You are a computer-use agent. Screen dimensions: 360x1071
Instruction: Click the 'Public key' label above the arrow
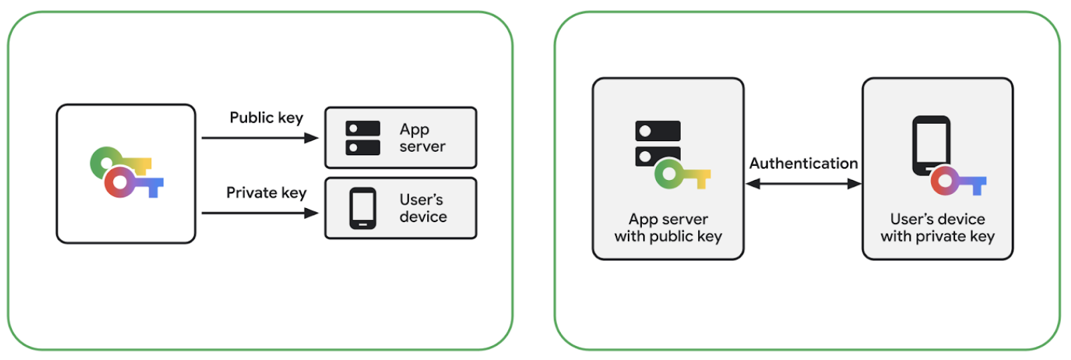[x=266, y=118]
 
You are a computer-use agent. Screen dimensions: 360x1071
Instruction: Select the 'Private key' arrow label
[x=266, y=193]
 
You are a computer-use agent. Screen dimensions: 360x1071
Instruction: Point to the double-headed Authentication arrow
[x=803, y=183]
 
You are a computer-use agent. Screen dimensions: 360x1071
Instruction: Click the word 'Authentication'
[x=803, y=163]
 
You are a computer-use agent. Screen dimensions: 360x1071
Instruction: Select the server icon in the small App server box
[x=363, y=138]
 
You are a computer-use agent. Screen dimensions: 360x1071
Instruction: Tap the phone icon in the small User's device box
[x=363, y=208]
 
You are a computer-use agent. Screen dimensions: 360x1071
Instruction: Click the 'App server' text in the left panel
[x=422, y=138]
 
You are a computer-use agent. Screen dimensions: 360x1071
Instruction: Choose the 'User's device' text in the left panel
[x=422, y=208]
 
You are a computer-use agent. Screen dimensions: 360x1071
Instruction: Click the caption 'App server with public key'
[x=668, y=228]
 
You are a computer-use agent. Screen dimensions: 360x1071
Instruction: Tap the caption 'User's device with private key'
[x=937, y=228]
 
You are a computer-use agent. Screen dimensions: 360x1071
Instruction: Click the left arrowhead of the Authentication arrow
[x=752, y=183]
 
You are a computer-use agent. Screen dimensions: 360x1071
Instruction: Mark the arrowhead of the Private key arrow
[x=311, y=213]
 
